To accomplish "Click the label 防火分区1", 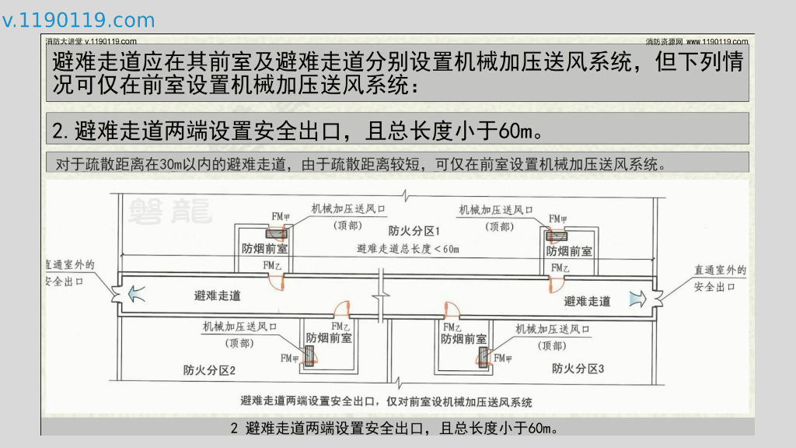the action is pyautogui.click(x=414, y=231).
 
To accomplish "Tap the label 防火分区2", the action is pyautogui.click(x=209, y=369).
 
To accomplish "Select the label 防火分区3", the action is pyautogui.click(x=578, y=368).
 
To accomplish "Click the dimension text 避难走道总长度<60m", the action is pyautogui.click(x=407, y=249).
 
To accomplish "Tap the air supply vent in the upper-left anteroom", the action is pyautogui.click(x=275, y=233).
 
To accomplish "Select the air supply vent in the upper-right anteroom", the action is pyautogui.click(x=556, y=236).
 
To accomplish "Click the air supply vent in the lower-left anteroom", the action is pyautogui.click(x=309, y=355).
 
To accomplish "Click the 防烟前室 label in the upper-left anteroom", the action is pyautogui.click(x=264, y=249).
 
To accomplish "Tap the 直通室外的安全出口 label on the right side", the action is pyautogui.click(x=720, y=278).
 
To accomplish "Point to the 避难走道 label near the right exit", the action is pyautogui.click(x=587, y=301).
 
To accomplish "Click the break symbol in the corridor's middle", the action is pyautogui.click(x=381, y=296).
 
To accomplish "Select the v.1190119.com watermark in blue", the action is pyautogui.click(x=79, y=20).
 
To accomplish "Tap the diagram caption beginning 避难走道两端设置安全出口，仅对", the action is pyautogui.click(x=386, y=401).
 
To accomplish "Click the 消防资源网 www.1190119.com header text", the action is pyautogui.click(x=696, y=41).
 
